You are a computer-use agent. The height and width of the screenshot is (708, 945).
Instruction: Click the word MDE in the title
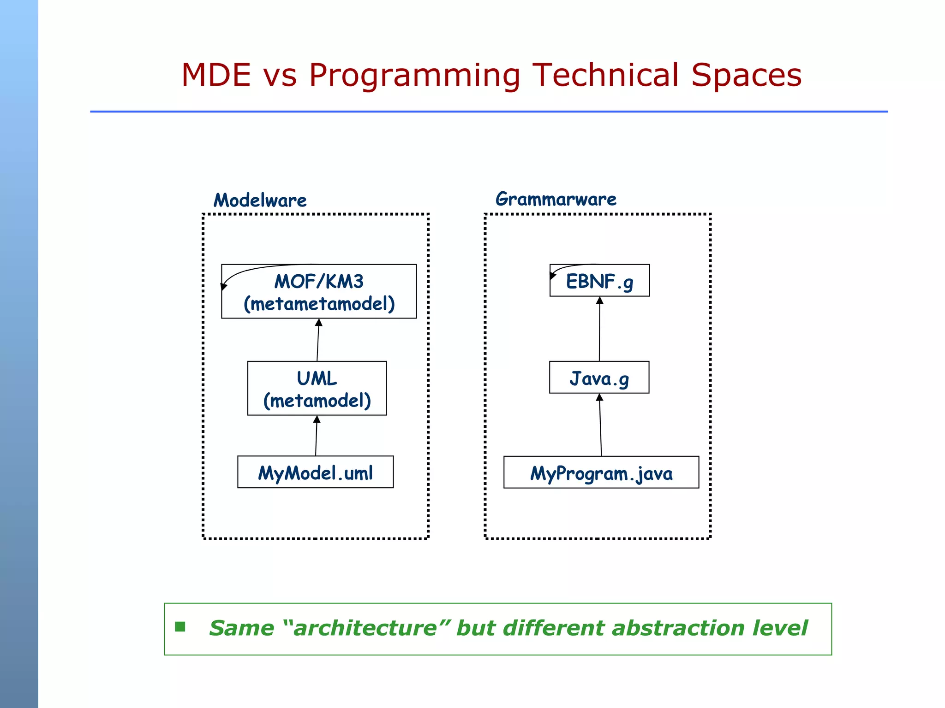pos(216,75)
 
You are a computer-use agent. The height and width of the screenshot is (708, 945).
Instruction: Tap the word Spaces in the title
pos(746,75)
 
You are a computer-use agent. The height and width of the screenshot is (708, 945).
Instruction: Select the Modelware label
pos(260,201)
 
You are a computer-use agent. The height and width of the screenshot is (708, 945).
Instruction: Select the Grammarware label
pos(556,199)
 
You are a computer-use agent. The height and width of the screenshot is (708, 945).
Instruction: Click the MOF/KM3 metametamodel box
pos(319,292)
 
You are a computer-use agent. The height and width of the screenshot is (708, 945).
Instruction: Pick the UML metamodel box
pos(317,389)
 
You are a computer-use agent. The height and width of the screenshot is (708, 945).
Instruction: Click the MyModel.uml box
pos(315,472)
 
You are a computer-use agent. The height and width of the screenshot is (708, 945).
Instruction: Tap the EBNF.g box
pos(599,281)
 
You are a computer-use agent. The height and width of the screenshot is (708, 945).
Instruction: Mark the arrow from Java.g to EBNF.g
pos(599,329)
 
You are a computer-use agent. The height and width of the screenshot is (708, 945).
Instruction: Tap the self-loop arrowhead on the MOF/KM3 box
pos(224,286)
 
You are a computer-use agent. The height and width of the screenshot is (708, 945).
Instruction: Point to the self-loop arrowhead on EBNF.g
pos(552,276)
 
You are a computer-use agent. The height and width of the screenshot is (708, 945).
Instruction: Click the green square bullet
pos(180,627)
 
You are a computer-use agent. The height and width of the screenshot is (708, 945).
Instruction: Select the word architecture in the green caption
pos(365,628)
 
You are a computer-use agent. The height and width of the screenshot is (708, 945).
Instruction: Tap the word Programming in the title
pos(414,75)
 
